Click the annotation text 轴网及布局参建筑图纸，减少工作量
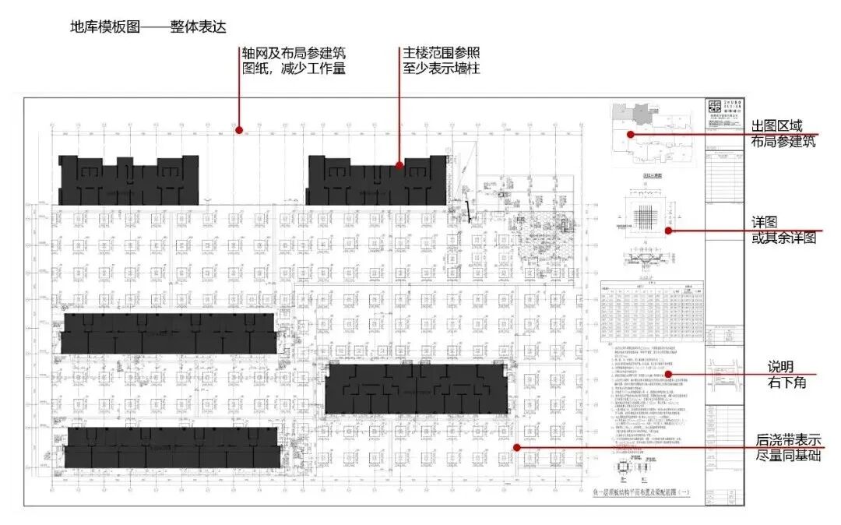coord(293,61)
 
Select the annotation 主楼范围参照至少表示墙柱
coord(440,61)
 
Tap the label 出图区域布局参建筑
coord(783,134)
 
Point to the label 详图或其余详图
coord(783,231)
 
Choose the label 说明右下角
coord(782,375)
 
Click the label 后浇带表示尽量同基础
coord(788,447)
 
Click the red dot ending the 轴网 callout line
coord(240,130)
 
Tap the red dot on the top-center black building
coord(399,165)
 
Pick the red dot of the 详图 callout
coord(668,231)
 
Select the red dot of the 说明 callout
coord(668,375)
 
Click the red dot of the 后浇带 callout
coord(516,447)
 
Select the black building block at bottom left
coord(171,447)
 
